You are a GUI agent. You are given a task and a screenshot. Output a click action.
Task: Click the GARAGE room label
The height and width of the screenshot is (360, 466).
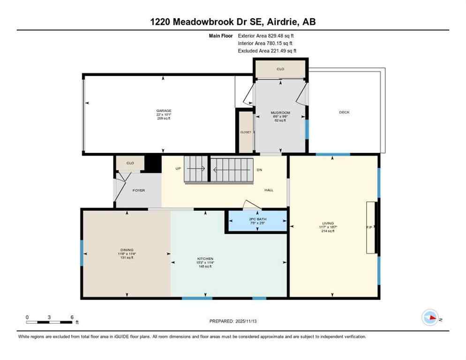pyautogui.click(x=164, y=111)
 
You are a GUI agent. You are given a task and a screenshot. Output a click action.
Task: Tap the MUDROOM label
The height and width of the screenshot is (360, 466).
pyautogui.click(x=280, y=113)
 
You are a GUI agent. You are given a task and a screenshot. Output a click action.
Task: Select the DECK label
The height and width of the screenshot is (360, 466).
pyautogui.click(x=345, y=112)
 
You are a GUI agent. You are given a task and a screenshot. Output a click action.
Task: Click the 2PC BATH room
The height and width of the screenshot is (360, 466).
pyautogui.click(x=257, y=220)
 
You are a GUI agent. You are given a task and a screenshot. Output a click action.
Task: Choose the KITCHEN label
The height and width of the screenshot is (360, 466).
pyautogui.click(x=205, y=259)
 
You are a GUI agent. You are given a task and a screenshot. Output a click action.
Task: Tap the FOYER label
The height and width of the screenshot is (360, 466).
pyautogui.click(x=138, y=190)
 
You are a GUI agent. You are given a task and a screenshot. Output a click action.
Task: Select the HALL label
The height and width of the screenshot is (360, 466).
pyautogui.click(x=269, y=190)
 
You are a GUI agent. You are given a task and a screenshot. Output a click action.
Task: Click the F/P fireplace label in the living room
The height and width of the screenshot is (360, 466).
pyautogui.click(x=369, y=227)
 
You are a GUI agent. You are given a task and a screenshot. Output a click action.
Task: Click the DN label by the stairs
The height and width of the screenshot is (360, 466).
pyautogui.click(x=259, y=170)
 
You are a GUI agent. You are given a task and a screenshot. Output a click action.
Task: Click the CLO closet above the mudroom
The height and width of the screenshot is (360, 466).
pyautogui.click(x=280, y=69)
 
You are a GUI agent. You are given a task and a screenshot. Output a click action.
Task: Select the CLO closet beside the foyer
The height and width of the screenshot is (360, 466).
pyautogui.click(x=130, y=163)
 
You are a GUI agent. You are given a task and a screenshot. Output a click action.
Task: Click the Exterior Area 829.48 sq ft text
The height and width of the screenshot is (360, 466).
pyautogui.click(x=266, y=35)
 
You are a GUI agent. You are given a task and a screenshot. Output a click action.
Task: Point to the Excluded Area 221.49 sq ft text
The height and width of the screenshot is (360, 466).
pyautogui.click(x=267, y=51)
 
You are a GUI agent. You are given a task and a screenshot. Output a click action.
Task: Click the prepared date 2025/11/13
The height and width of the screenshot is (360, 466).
pyautogui.click(x=233, y=321)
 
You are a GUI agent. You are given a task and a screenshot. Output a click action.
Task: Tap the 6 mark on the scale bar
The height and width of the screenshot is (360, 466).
pyautogui.click(x=72, y=317)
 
